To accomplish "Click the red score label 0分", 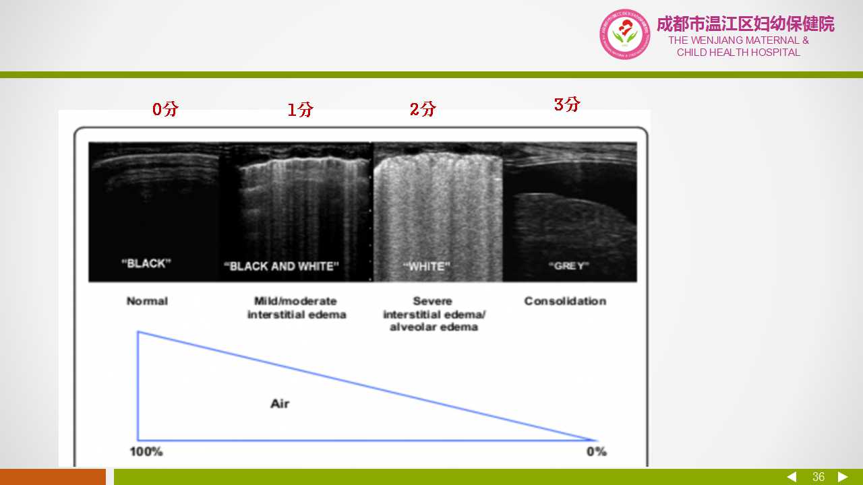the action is (x=165, y=109).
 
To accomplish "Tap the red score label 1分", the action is (x=300, y=109).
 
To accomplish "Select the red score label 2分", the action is (x=423, y=109).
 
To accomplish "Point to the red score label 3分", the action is (x=567, y=104).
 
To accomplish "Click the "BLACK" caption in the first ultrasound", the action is (x=146, y=263).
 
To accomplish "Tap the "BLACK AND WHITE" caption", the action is (x=281, y=266).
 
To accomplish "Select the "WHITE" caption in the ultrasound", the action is (x=427, y=266).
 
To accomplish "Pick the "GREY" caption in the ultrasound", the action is (x=568, y=265).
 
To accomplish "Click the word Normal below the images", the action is (x=147, y=301).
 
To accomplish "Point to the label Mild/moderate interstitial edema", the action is (x=296, y=308).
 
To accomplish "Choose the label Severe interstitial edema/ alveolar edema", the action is (x=434, y=314).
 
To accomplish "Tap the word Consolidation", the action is (x=565, y=301).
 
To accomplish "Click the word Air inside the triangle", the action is (x=280, y=403).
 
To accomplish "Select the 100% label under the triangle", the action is (x=146, y=451).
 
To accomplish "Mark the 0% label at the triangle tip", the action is (x=597, y=451).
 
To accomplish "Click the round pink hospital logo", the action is (x=624, y=34).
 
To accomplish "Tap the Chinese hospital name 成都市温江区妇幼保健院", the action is (x=746, y=24).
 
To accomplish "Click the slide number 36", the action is (x=819, y=477).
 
